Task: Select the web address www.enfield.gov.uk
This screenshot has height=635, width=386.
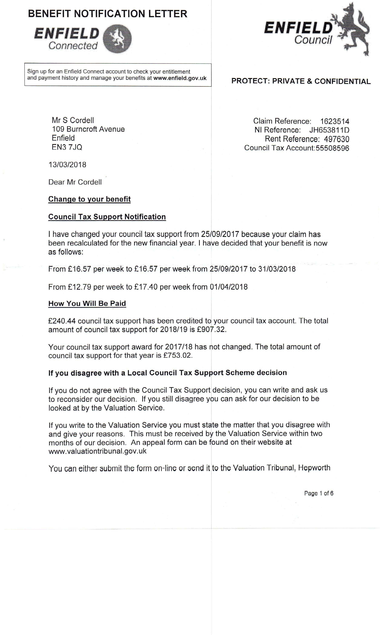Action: click(180, 78)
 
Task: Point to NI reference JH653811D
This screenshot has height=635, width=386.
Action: click(329, 130)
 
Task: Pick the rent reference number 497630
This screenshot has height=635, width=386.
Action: click(337, 139)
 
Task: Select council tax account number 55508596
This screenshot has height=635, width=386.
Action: click(332, 148)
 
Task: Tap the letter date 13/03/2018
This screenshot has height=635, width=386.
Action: click(67, 165)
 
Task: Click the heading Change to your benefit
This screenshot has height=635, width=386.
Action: click(89, 199)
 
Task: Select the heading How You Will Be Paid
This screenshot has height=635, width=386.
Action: click(87, 304)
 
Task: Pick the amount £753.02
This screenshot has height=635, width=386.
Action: click(178, 356)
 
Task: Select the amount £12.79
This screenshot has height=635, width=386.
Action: click(79, 287)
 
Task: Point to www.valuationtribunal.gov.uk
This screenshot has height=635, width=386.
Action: click(97, 451)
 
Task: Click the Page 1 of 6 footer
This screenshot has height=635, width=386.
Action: click(319, 493)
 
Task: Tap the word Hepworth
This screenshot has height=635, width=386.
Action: click(314, 468)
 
